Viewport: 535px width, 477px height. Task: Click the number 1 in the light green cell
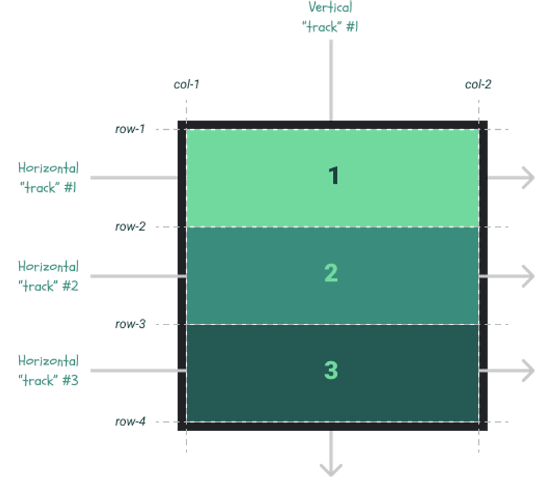click(333, 176)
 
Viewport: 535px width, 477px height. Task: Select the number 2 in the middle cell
click(331, 273)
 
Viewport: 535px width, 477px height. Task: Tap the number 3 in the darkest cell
click(331, 371)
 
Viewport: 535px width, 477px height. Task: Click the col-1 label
click(185, 85)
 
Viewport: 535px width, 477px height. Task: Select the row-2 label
click(130, 227)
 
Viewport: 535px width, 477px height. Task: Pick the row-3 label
click(130, 324)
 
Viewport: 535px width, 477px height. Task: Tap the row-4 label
click(130, 421)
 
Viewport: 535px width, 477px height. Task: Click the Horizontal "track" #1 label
click(48, 178)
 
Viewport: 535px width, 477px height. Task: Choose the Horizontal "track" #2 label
click(48, 276)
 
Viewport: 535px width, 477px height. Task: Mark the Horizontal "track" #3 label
click(48, 371)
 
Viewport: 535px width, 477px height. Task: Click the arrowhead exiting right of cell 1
click(527, 178)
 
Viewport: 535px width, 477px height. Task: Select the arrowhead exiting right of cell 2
click(527, 276)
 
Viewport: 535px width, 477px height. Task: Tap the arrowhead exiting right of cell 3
click(527, 371)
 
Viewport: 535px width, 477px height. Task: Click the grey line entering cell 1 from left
click(134, 178)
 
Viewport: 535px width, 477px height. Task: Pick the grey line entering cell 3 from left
click(134, 371)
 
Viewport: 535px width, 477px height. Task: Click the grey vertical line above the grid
click(330, 80)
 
